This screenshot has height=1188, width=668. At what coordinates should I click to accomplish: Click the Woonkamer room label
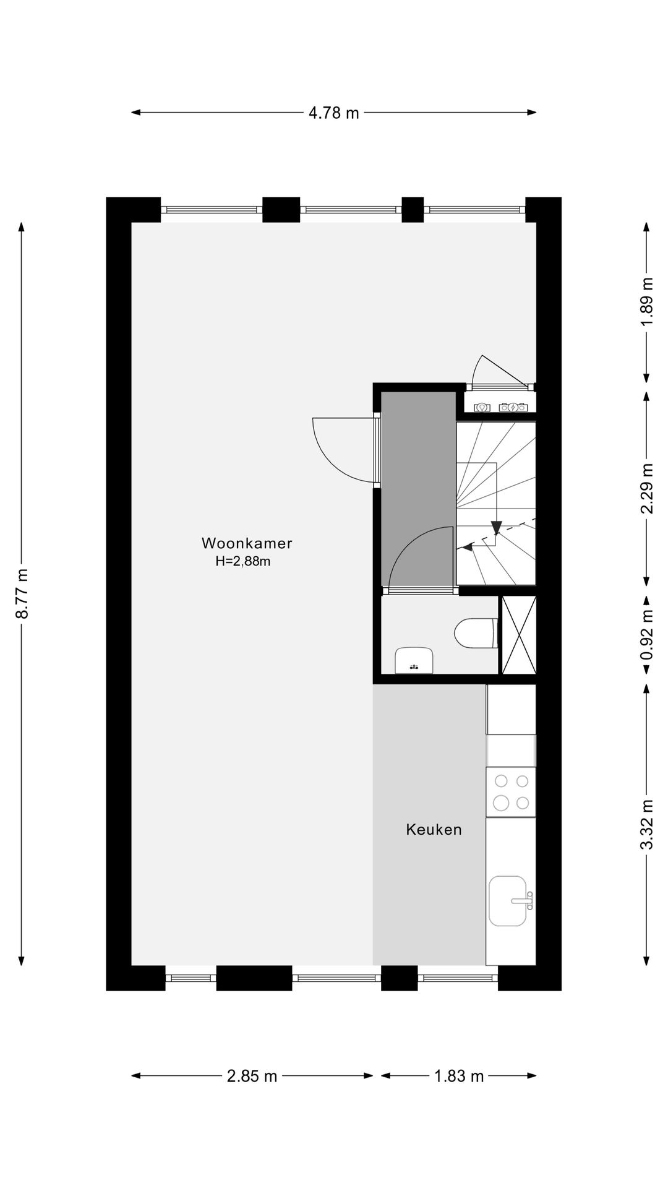247,543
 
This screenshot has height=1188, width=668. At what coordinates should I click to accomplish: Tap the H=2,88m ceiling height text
243,562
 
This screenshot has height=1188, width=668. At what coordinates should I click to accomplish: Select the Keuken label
434,830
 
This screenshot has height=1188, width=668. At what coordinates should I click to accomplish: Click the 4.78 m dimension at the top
333,113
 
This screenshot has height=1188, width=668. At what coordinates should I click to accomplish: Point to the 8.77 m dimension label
22,593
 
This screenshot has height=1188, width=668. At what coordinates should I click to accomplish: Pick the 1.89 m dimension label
647,303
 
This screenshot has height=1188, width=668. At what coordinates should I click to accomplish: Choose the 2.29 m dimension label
647,489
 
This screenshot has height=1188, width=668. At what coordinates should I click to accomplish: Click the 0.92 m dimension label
647,635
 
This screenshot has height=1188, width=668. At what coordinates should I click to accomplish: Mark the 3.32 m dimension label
647,825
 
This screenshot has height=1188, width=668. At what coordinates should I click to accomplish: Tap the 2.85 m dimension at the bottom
252,1076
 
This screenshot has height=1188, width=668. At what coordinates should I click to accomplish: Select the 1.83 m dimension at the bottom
458,1076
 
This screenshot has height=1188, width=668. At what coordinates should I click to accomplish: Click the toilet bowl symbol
476,633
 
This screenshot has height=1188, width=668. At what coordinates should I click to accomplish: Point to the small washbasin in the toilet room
414,660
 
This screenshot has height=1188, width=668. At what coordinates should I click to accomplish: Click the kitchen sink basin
508,900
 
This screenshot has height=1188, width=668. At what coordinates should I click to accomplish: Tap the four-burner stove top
511,792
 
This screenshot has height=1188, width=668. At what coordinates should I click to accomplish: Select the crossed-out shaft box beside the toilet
518,635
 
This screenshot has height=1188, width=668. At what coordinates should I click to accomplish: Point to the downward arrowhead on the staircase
496,527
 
